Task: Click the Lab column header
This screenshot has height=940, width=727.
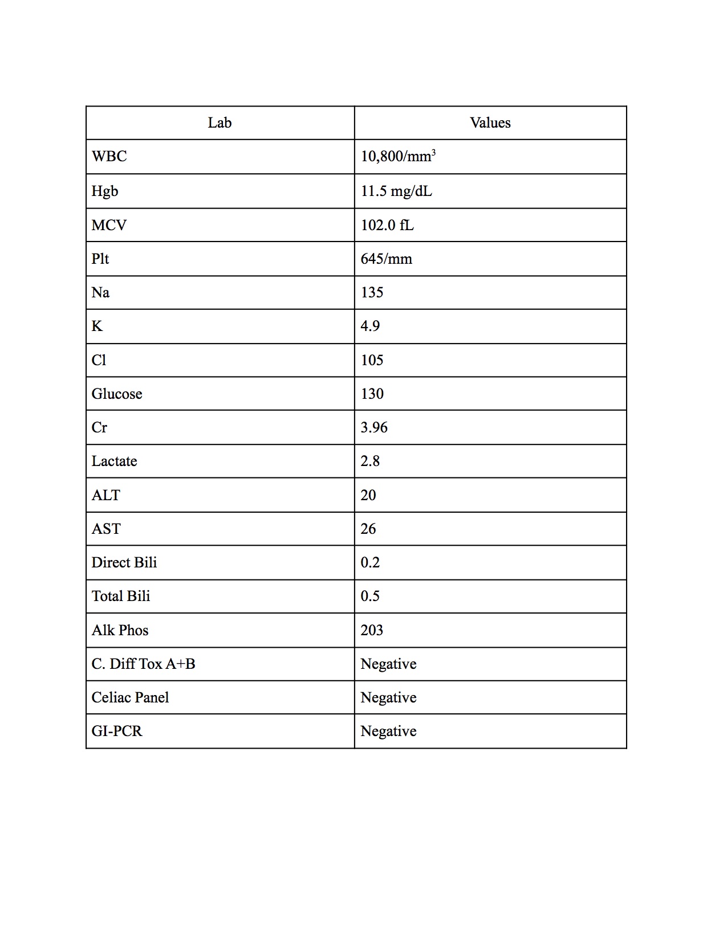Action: pos(220,123)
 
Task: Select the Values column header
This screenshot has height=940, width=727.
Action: pos(490,123)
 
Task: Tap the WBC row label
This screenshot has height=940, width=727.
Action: pos(109,157)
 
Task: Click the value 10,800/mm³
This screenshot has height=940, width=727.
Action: pos(398,156)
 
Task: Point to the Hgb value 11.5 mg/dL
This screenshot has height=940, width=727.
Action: pos(396,191)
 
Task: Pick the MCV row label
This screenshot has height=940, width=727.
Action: pos(109,225)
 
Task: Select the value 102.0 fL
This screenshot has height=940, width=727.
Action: pos(387,225)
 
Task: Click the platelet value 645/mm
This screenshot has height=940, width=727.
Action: pos(386,259)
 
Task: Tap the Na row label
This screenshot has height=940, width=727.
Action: pos(100,292)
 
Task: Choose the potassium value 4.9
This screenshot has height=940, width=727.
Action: pos(370,326)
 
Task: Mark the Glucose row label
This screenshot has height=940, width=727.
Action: pos(117,394)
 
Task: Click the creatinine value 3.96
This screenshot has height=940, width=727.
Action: pos(374,427)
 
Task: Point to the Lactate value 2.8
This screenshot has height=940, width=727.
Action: pos(370,461)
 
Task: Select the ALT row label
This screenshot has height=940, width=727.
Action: pos(106,495)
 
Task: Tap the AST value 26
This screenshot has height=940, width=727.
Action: pos(368,529)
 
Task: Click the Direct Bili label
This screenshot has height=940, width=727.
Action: pos(124,562)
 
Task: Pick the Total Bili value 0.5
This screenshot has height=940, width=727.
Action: pos(370,596)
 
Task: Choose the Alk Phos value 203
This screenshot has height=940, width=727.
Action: pos(372,630)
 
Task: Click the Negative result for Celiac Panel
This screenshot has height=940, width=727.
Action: pos(388,697)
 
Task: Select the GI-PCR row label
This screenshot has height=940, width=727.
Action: pos(117,731)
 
